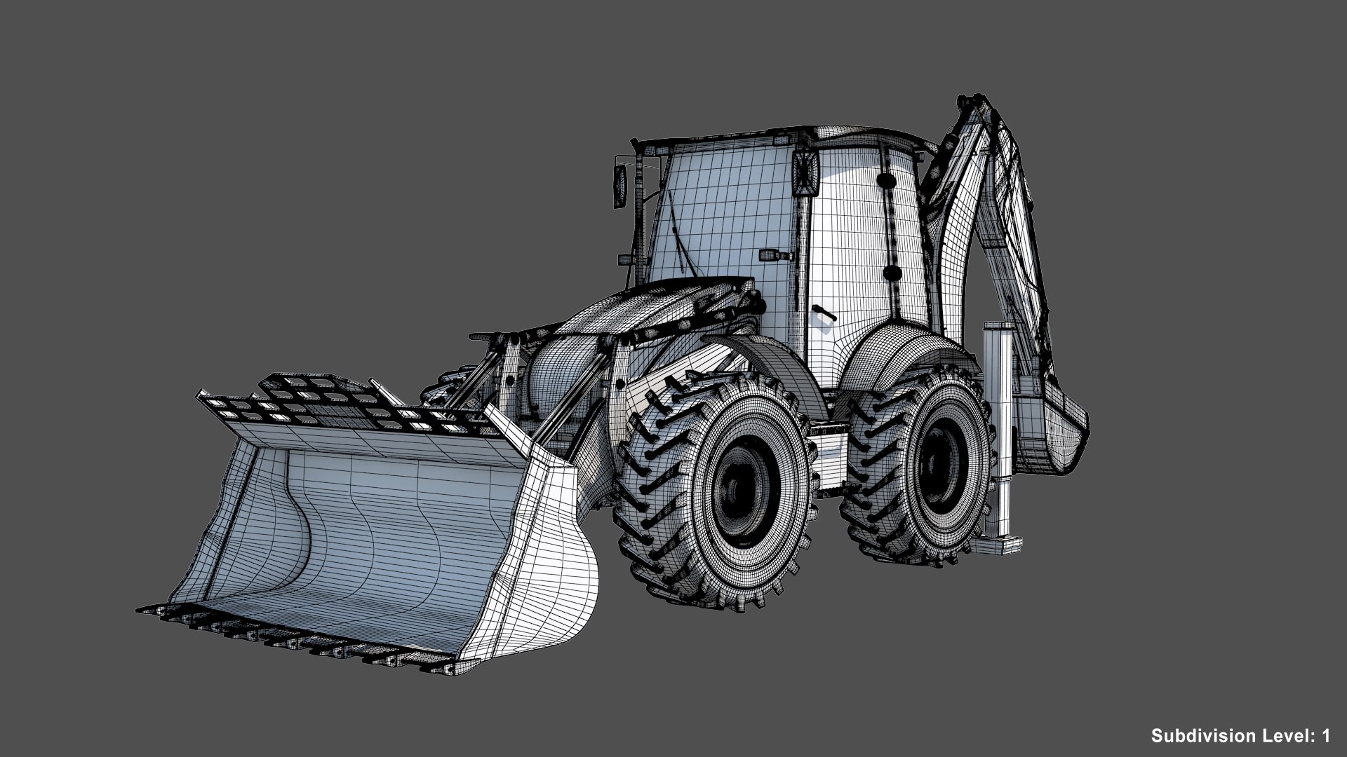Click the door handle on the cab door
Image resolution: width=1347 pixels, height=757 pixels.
click(x=821, y=311)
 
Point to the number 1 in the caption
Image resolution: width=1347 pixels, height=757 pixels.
click(x=1326, y=736)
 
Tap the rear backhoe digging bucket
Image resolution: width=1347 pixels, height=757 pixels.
click(x=1056, y=428)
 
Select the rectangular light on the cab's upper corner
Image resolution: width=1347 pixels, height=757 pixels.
click(x=806, y=172)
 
